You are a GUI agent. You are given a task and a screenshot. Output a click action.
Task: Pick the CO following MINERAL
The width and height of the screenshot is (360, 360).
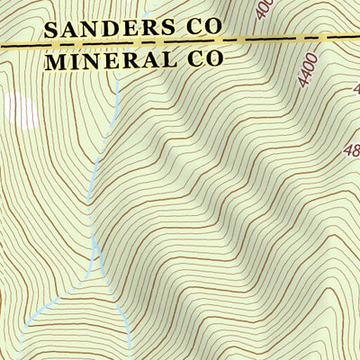coord(202,61)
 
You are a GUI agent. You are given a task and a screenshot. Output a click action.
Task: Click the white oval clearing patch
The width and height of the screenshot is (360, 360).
coord(20,110)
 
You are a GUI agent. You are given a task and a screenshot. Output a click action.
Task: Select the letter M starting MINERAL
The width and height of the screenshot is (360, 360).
coord(55,61)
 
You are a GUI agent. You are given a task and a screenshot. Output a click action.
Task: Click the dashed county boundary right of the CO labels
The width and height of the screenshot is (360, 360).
coord(288,39)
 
